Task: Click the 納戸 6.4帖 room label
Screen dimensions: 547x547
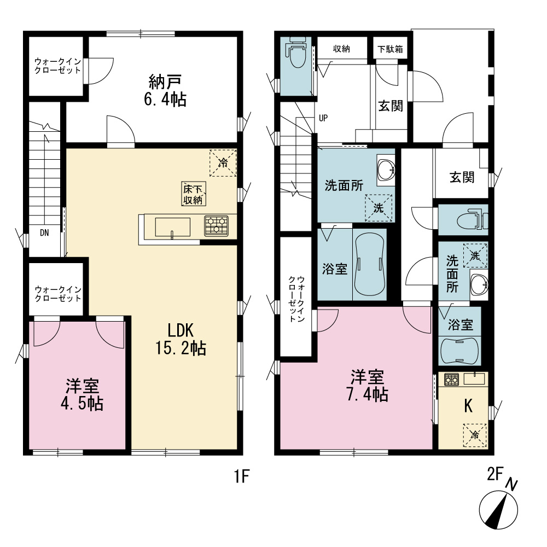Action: [x=165, y=90]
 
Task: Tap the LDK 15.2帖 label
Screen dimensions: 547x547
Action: [x=181, y=339]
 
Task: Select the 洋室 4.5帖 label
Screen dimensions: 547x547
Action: [x=82, y=394]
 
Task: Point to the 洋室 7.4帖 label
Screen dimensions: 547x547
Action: [x=368, y=386]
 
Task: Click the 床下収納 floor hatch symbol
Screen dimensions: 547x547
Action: [x=193, y=194]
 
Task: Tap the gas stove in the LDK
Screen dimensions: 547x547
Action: [x=216, y=226]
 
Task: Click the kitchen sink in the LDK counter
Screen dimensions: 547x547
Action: [x=173, y=228]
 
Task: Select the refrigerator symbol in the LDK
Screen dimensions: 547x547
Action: [x=223, y=162]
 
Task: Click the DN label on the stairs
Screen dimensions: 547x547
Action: [x=44, y=232]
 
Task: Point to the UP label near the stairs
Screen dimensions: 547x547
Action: [x=323, y=118]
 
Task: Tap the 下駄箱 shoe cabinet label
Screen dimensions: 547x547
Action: [x=390, y=49]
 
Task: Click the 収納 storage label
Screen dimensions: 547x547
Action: [x=341, y=49]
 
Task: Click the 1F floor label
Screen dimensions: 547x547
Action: [x=241, y=476]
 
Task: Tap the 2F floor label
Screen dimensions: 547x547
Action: [x=494, y=474]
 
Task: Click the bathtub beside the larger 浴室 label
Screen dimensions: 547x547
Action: [x=369, y=264]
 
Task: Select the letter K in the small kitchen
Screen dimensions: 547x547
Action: [x=468, y=406]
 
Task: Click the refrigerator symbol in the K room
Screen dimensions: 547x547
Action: [x=475, y=435]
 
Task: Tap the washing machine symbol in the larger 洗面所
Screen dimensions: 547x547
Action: [x=379, y=208]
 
